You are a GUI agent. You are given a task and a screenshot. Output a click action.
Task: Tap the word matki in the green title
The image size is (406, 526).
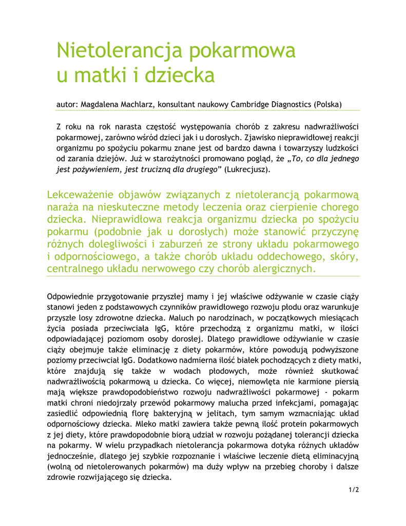point(102,75)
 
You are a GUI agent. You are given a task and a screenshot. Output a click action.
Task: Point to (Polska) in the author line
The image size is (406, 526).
point(327,104)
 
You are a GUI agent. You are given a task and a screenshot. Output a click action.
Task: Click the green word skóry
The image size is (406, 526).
point(343,256)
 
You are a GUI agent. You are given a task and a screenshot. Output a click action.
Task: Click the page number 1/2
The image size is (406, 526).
point(353,490)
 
